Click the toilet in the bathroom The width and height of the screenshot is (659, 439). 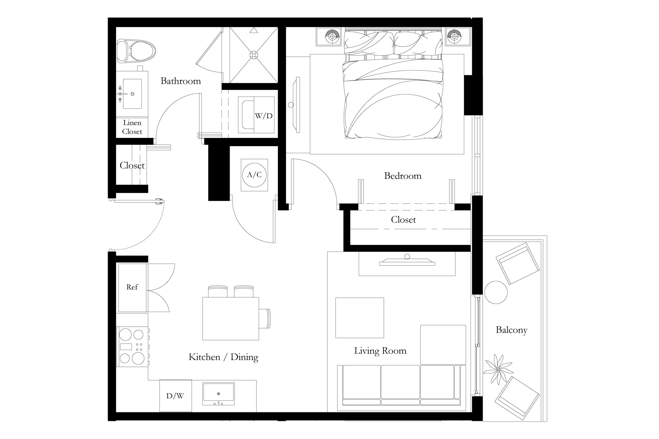pos(136,51)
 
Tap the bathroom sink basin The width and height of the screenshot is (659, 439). pos(132,94)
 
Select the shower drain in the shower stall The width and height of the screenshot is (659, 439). pos(254,55)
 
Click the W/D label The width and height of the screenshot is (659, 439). pos(264,116)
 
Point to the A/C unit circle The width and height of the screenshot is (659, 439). pos(254,175)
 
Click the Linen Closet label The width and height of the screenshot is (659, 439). pos(132,127)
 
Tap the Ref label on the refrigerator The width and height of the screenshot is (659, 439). pos(132,287)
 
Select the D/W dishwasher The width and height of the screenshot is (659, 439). pos(176,396)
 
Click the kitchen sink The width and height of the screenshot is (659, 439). pos(218,394)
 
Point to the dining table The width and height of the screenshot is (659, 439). pos(231,318)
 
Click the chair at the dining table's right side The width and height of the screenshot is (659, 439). pos(265,318)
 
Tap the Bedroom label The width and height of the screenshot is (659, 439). pos(403,176)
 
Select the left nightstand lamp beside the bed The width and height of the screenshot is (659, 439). pos(332,36)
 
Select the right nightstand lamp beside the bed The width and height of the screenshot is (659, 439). pos(454,36)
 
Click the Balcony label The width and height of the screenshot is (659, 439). pos(511,330)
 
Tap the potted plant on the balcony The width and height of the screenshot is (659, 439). pos(497,369)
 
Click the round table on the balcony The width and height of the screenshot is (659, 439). pos(496,292)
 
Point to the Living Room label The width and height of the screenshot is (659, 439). pos(380,351)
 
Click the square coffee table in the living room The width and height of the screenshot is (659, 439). pos(360,318)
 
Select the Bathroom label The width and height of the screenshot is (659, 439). pos(181,81)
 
